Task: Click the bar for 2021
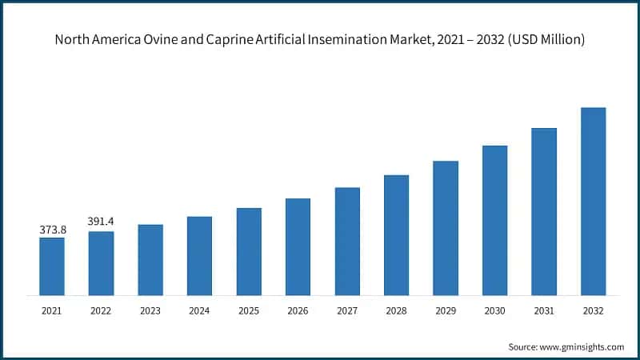(x=52, y=266)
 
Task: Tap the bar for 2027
(x=347, y=242)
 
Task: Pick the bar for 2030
(x=494, y=220)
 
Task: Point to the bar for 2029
(x=446, y=228)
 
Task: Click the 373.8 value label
(x=52, y=230)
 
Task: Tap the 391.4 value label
(x=101, y=222)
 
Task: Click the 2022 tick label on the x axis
(x=101, y=310)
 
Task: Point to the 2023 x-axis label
(x=150, y=310)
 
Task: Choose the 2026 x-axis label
(x=298, y=310)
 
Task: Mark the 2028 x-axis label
(x=396, y=310)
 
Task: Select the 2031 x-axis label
(x=543, y=310)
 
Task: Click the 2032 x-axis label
(x=593, y=310)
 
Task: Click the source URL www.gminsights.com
(x=581, y=346)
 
